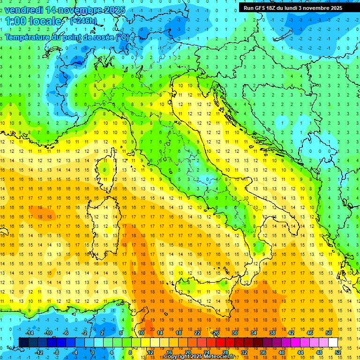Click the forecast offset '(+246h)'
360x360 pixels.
pyautogui.click(x=84, y=21)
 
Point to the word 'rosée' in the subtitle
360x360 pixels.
pyautogui.click(x=102, y=37)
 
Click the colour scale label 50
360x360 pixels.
pyautogui.click(x=328, y=333)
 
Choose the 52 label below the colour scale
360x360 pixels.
pyautogui.click(x=337, y=352)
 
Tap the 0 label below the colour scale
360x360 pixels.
pyautogui.click(x=93, y=352)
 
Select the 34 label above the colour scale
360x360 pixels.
pyautogui.click(x=253, y=333)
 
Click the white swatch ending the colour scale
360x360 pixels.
pyautogui.click(x=333, y=342)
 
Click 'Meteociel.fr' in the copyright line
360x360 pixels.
pyautogui.click(x=219, y=357)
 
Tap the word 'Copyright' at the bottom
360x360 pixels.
pyautogui.click(x=177, y=357)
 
